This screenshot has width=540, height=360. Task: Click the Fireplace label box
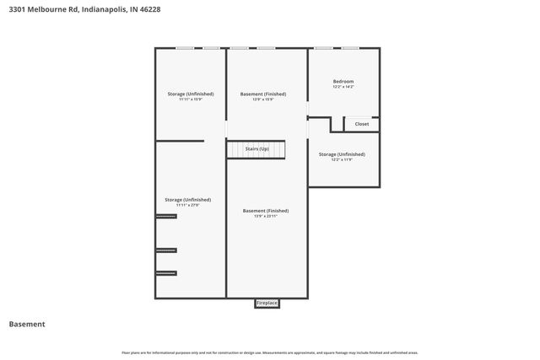(267, 303)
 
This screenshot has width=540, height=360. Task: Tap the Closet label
(361, 124)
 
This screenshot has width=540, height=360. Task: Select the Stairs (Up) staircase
(256, 149)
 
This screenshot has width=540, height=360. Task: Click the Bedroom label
(343, 81)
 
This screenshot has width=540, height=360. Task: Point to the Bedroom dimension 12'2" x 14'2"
(343, 87)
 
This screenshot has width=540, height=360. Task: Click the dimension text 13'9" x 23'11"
(266, 216)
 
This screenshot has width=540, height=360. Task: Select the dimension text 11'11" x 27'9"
(187, 205)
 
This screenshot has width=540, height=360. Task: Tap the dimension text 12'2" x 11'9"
(342, 160)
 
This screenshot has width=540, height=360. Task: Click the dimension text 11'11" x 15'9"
(190, 99)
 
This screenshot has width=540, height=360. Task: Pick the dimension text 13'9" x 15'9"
(263, 99)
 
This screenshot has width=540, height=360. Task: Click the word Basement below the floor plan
(27, 324)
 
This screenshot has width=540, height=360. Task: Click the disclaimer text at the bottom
(270, 352)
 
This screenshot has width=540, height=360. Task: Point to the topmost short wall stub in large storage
(166, 217)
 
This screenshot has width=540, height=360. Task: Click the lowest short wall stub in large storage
(166, 273)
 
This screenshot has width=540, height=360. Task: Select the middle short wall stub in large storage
(166, 250)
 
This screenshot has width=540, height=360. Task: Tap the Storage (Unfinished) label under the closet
(342, 154)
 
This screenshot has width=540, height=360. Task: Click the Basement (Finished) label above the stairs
(263, 94)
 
